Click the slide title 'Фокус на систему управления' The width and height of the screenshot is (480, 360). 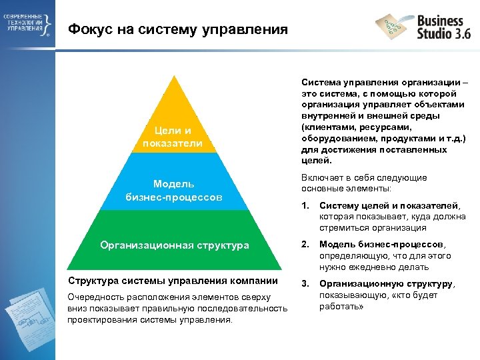click(x=178, y=29)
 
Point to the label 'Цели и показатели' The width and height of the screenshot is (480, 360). click(x=173, y=137)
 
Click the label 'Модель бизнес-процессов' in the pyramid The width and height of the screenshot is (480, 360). click(x=173, y=190)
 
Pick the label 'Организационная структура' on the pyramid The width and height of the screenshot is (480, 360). click(x=175, y=245)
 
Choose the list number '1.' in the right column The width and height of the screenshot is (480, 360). click(x=306, y=205)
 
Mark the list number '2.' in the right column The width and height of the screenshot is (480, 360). click(x=306, y=243)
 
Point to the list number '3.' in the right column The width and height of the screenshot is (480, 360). click(x=306, y=283)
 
